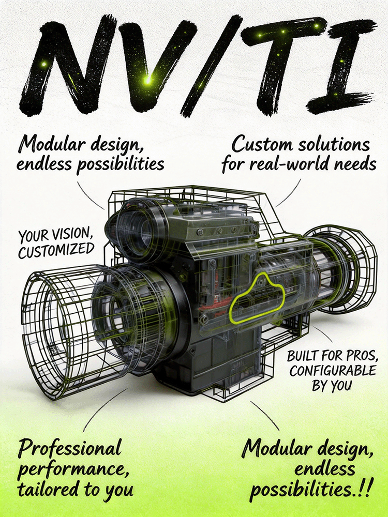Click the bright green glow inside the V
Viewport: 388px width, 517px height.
point(148,80)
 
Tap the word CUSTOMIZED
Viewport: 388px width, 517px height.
point(56,251)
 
